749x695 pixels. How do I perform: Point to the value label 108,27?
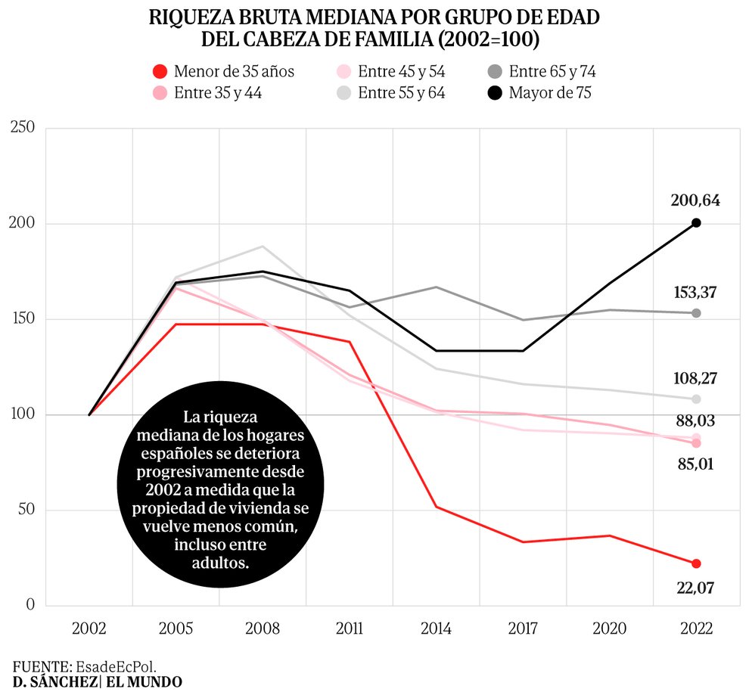[695, 378]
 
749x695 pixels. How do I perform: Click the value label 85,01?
[695, 464]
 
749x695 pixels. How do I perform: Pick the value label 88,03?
[695, 420]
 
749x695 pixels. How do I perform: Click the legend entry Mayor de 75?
[550, 93]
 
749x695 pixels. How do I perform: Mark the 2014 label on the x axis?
[436, 628]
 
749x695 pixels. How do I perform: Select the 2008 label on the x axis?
[263, 628]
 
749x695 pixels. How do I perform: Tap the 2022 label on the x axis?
[695, 628]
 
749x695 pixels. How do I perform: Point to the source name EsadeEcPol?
[115, 666]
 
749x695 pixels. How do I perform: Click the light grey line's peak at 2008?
[263, 247]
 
